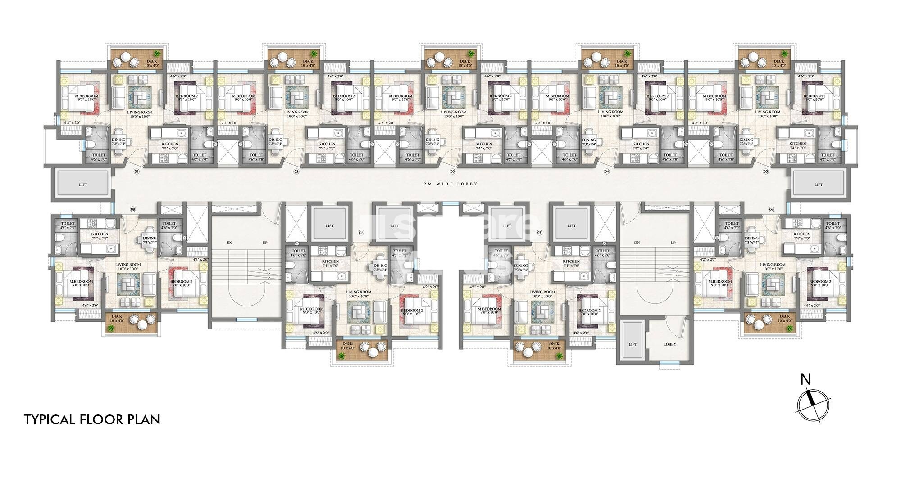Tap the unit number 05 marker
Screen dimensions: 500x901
(x=765, y=171)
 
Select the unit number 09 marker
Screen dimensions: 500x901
(x=133, y=209)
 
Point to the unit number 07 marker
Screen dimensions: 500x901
(x=539, y=232)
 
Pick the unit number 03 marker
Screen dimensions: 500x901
(x=453, y=171)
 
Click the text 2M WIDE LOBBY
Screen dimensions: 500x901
(x=450, y=184)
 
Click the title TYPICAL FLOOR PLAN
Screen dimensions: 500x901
(x=92, y=420)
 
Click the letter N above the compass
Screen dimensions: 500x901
(x=805, y=380)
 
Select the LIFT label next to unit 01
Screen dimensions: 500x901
(x=83, y=185)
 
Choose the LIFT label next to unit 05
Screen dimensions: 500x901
(x=819, y=185)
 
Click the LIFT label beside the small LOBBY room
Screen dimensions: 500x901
(x=633, y=344)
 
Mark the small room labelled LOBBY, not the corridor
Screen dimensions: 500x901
(x=670, y=344)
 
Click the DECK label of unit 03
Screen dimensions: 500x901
(x=464, y=61)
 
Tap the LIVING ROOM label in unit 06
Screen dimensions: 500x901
(x=773, y=265)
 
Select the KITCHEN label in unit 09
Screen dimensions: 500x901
(x=100, y=234)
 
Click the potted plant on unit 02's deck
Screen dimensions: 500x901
(x=314, y=54)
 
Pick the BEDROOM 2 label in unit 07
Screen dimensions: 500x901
(x=588, y=311)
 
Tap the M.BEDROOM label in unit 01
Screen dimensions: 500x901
(x=86, y=96)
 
